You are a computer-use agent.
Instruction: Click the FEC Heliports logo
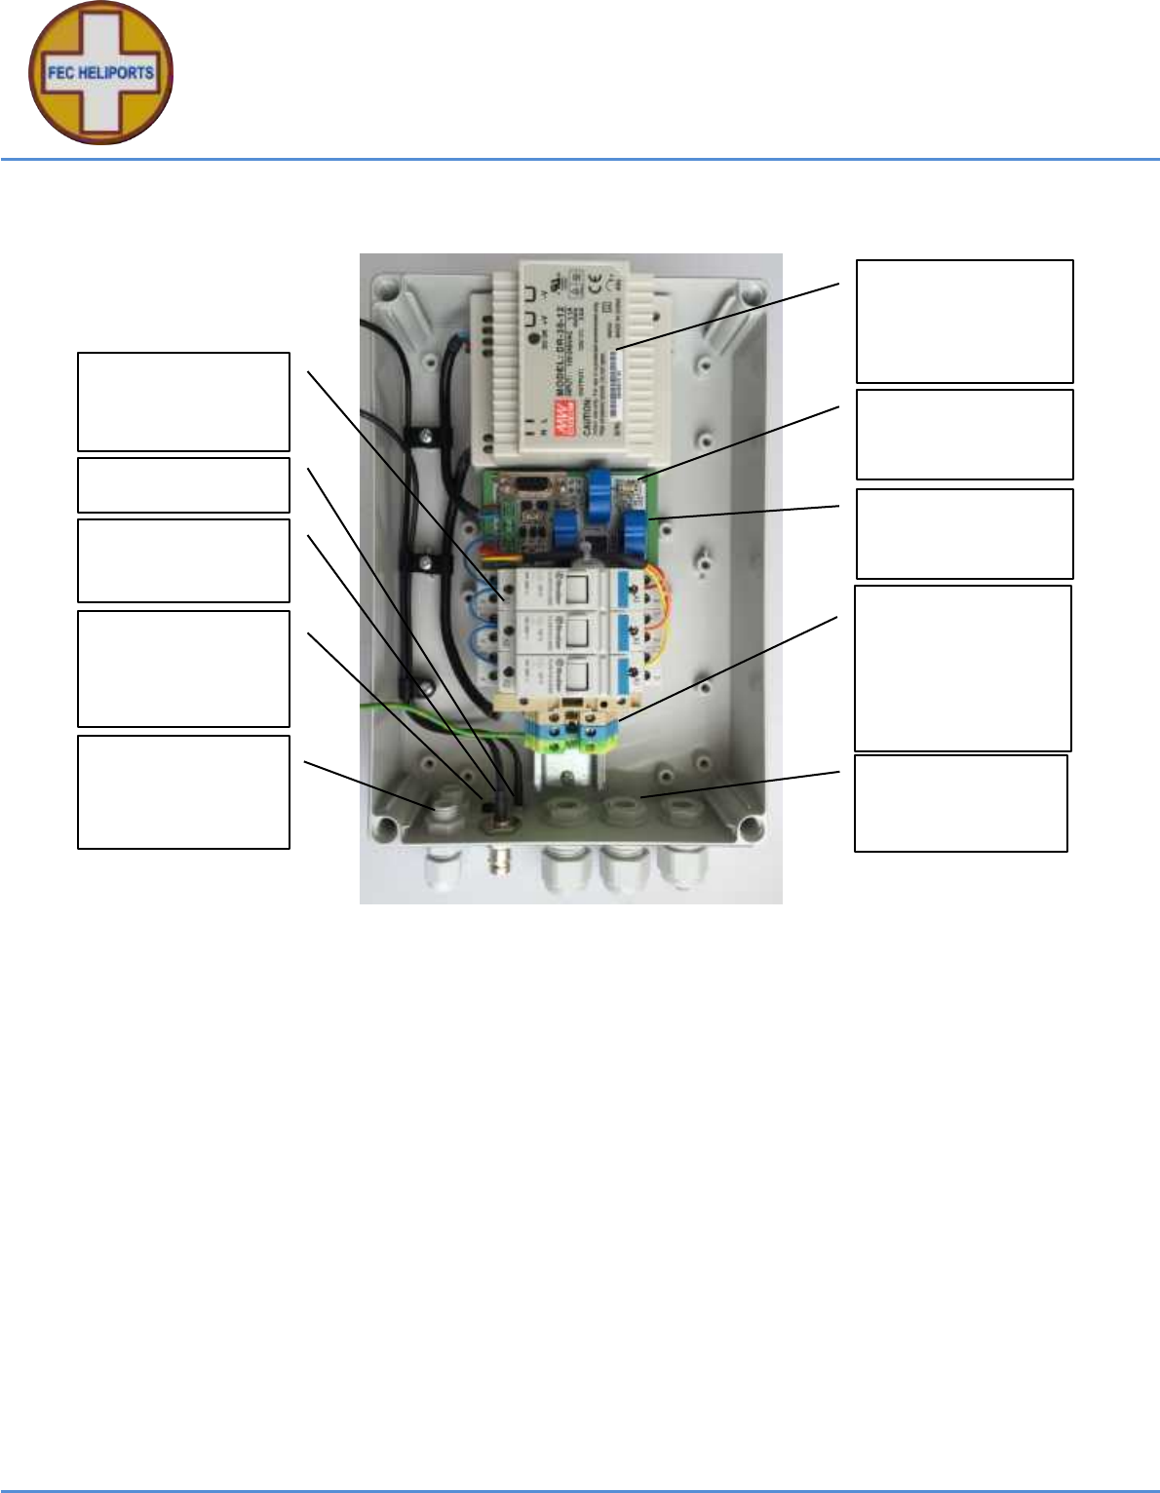[100, 73]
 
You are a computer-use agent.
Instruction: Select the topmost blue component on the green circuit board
[599, 484]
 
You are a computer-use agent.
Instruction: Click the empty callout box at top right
[964, 321]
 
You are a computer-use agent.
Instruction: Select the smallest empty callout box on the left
[183, 484]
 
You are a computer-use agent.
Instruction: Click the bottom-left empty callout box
[183, 791]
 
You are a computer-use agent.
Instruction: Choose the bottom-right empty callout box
[960, 803]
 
